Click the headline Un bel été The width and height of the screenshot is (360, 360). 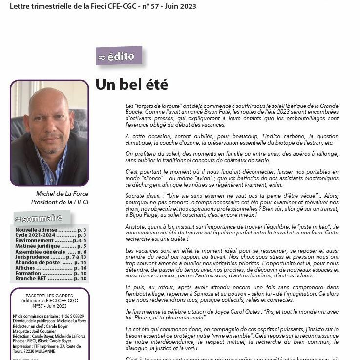pos(131,85)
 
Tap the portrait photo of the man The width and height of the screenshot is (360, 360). pos(49,132)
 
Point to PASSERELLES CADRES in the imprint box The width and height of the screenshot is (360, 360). pos(49,296)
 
